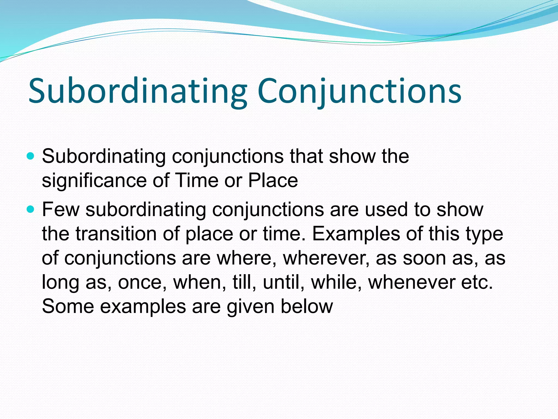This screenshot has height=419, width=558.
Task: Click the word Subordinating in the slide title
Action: pyautogui.click(x=137, y=91)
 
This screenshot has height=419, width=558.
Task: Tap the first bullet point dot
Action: pyautogui.click(x=31, y=156)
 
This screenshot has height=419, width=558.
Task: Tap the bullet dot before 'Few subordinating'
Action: pyautogui.click(x=31, y=209)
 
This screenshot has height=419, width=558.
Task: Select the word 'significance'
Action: pyautogui.click(x=94, y=181)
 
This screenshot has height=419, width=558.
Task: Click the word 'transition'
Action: pyautogui.click(x=116, y=234)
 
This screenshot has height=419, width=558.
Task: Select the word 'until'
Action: pyautogui.click(x=283, y=282)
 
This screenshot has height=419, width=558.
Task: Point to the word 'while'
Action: pyautogui.click(x=337, y=282)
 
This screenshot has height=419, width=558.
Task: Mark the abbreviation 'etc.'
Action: pyautogui.click(x=477, y=282)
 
